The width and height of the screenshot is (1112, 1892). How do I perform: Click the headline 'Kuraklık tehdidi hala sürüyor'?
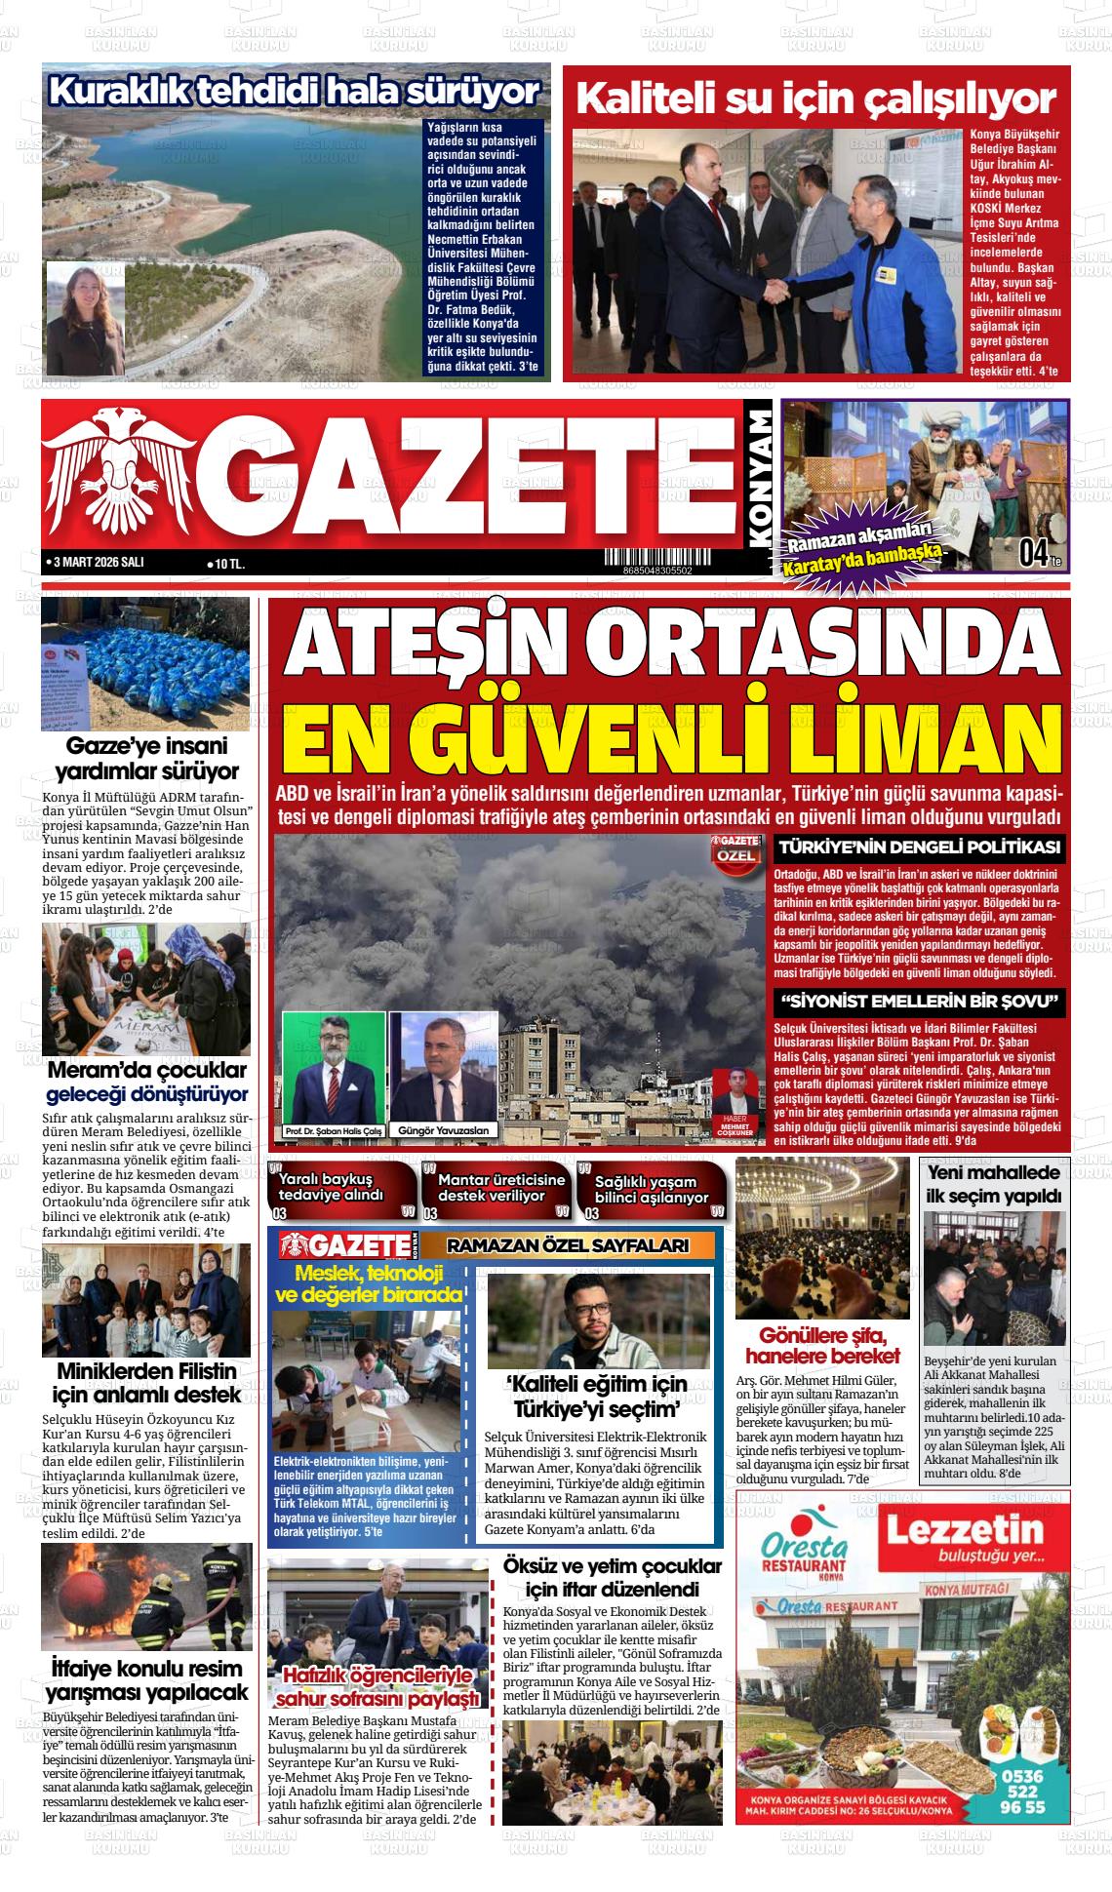point(294,92)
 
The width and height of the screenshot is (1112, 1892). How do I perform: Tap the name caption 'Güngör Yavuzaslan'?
point(444,1130)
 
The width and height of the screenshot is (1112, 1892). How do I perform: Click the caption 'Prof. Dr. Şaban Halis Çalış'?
point(333,1130)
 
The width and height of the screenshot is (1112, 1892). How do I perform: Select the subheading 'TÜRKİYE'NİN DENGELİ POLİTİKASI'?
point(920,847)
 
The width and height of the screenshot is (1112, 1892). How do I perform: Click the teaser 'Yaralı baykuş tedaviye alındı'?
point(332,1187)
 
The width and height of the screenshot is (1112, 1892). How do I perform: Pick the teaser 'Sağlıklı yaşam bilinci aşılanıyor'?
point(652,1188)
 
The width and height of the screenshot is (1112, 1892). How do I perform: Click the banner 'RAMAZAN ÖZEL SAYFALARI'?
point(568,1245)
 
